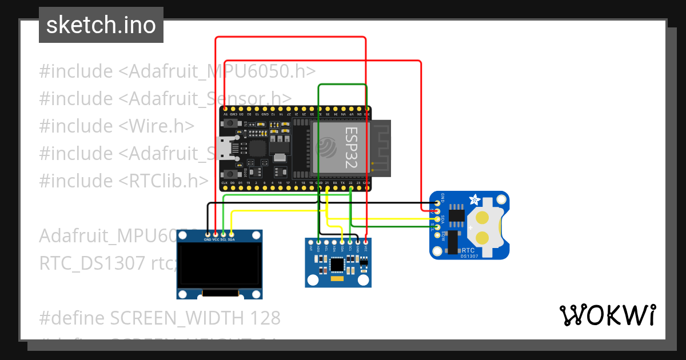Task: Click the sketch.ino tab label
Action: [101, 25]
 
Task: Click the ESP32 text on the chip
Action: [350, 147]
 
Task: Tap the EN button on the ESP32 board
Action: [231, 127]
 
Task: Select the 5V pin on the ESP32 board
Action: [225, 109]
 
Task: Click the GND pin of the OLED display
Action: [207, 234]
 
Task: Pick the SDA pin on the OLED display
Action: [232, 234]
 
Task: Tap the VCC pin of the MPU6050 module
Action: [365, 242]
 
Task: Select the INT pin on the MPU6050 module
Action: [310, 242]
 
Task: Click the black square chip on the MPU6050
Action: [338, 264]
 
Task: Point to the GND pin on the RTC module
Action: [438, 202]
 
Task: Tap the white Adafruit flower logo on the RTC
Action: [474, 200]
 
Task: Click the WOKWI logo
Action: [607, 315]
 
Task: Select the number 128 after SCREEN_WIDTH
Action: [263, 318]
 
